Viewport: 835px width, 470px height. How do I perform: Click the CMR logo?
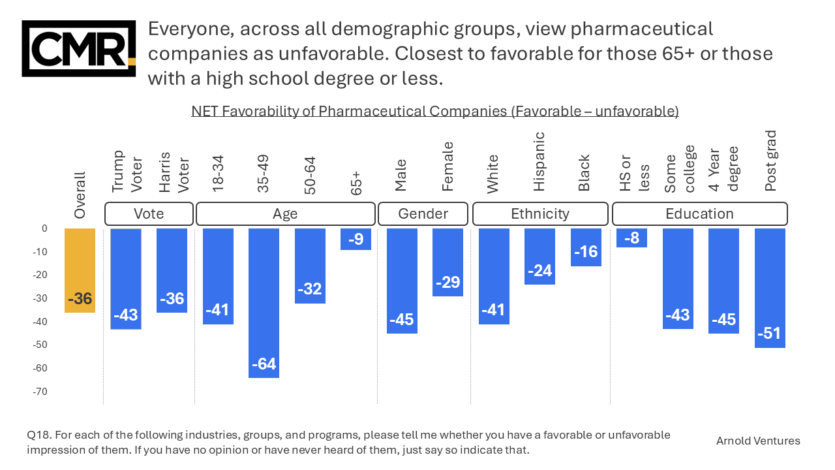point(78,48)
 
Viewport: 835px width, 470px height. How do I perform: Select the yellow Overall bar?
point(80,270)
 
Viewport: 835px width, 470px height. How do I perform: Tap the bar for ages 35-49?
point(264,303)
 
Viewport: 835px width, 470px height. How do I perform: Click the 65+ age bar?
point(356,239)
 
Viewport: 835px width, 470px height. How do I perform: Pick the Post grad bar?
point(770,288)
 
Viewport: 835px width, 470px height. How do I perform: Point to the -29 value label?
point(448,283)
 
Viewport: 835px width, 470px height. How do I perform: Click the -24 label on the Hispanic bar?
point(539,270)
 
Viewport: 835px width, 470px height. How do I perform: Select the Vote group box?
point(149,214)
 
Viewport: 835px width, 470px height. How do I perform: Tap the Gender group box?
point(423,214)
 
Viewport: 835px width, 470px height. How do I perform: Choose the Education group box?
point(699,214)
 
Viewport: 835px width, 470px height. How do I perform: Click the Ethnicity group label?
point(540,214)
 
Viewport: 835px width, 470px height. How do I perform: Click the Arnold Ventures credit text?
point(758,441)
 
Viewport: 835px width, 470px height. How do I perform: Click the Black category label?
point(584,172)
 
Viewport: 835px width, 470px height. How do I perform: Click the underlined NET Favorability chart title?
point(435,112)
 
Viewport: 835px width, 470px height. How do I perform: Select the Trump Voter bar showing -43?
point(126,279)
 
